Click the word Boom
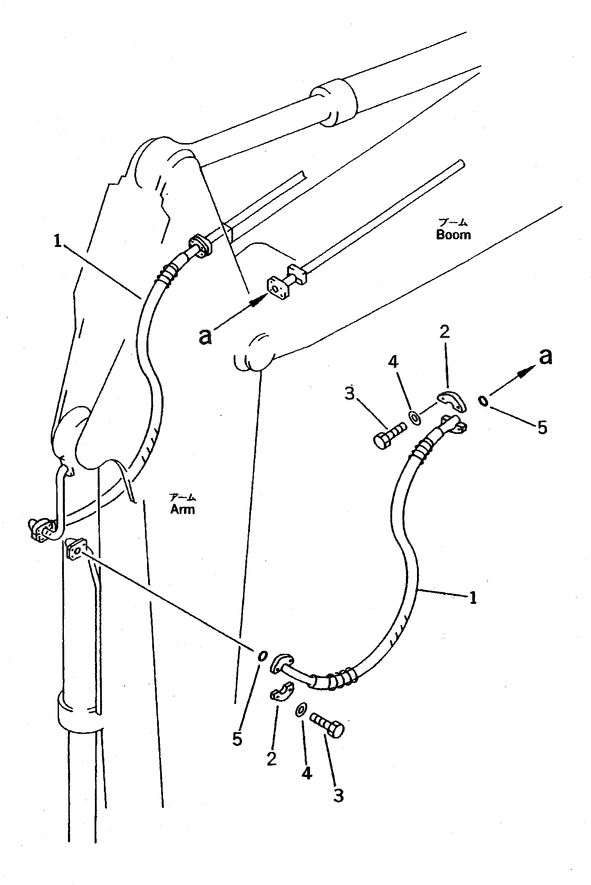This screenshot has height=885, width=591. [453, 235]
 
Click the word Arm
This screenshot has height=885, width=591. [182, 509]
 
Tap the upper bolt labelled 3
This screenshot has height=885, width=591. [390, 436]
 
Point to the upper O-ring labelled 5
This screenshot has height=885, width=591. [483, 401]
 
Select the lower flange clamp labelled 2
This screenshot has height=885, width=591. [282, 692]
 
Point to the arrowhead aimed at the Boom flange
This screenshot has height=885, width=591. [258, 300]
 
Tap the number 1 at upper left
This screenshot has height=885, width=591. [57, 241]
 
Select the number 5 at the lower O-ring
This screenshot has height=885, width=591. [237, 739]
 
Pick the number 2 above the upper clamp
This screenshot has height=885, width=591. [445, 332]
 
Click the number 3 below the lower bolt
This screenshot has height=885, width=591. [338, 796]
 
